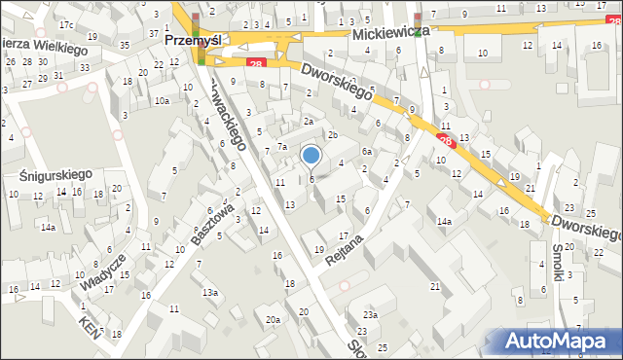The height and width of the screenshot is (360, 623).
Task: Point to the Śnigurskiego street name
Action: coord(55,173)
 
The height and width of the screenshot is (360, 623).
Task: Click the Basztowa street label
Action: coord(214,223)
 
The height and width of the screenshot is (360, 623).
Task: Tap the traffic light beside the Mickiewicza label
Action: coord(418,19)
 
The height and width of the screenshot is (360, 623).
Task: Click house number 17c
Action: coord(66,23)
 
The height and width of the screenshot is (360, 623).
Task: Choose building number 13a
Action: coord(208,292)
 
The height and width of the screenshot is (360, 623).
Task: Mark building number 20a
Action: coord(274,319)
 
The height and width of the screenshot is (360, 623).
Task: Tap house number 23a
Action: coord(370,314)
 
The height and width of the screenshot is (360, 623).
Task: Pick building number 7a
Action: coord(282,146)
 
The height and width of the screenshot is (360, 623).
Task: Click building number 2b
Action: coord(332,134)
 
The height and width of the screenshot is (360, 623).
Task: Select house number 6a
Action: coord(367,152)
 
